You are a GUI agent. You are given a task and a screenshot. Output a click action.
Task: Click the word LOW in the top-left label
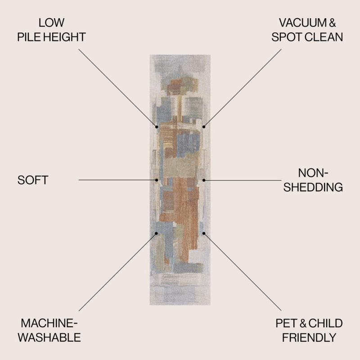pyautogui.click(x=51, y=23)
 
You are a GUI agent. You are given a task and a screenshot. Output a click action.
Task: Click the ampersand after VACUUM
pyautogui.click(x=333, y=23)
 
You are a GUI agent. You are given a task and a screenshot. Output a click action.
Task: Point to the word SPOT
pyautogui.click(x=287, y=37)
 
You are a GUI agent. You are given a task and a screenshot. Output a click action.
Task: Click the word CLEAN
pyautogui.click(x=324, y=37)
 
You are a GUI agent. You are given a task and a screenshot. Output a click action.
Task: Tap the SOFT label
pyautogui.click(x=33, y=180)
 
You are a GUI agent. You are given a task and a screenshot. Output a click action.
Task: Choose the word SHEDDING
pyautogui.click(x=313, y=187)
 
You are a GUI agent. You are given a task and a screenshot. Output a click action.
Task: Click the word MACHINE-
pyautogui.click(x=49, y=323)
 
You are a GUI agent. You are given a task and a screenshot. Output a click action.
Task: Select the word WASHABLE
pyautogui.click(x=49, y=337)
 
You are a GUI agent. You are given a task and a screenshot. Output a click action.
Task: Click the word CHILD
pyautogui.click(x=325, y=323)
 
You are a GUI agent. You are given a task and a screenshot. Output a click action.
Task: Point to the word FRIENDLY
pyautogui.click(x=309, y=337)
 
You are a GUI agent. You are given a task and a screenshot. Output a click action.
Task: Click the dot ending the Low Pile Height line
pyautogui.click(x=157, y=127)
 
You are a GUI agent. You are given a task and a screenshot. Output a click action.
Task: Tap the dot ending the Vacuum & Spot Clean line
pyautogui.click(x=204, y=127)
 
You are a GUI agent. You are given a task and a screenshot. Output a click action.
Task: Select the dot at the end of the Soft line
pyautogui.click(x=157, y=180)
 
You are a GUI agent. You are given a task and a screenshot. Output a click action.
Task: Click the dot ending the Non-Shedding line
pyautogui.click(x=204, y=180)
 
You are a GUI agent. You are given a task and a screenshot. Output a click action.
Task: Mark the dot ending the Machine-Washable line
pyautogui.click(x=156, y=233)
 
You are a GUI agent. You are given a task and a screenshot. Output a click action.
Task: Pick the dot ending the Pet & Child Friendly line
pyautogui.click(x=204, y=233)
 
